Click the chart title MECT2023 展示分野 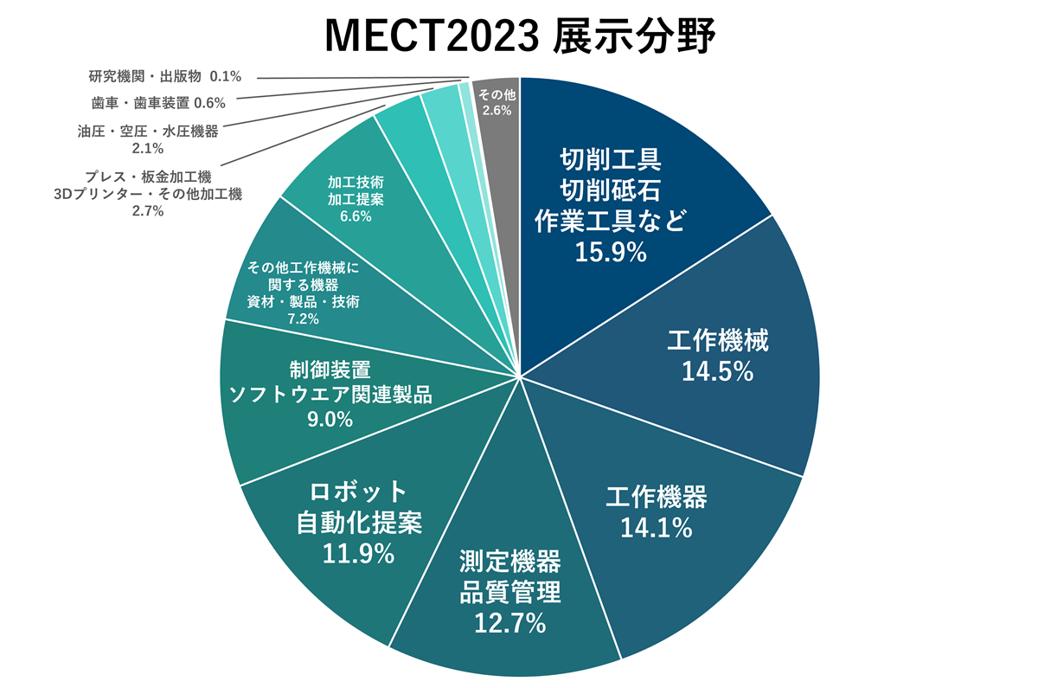tap(519, 36)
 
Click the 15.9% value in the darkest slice tap(611, 252)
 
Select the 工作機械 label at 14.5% tap(717, 340)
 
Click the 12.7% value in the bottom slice tap(509, 621)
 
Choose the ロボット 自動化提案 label tap(358, 506)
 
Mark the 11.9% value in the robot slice tap(358, 552)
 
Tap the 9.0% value tap(329, 420)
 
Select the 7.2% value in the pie tap(303, 319)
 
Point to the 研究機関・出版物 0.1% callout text tap(165, 76)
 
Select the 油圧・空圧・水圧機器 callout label tap(148, 132)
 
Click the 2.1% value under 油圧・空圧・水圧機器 tap(148, 149)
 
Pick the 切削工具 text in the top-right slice tap(611, 159)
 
